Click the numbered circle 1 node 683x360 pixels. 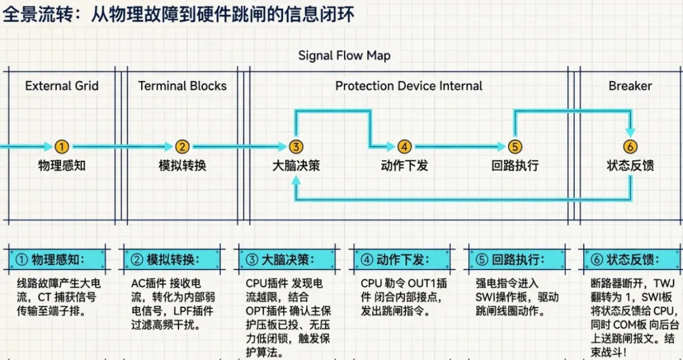[61, 147]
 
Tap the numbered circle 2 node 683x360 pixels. [182, 147]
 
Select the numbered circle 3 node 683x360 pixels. [296, 147]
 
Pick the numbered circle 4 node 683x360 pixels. [405, 147]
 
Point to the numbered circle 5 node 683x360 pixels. [515, 147]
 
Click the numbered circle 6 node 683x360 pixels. [631, 147]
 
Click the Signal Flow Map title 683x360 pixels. [344, 56]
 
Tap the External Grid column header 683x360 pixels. [62, 86]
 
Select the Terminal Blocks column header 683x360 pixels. [182, 86]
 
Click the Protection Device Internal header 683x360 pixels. [409, 86]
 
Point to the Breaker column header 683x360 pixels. [630, 86]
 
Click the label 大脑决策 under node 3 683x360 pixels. [296, 166]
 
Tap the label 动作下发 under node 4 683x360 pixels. [405, 166]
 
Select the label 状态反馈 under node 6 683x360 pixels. [631, 166]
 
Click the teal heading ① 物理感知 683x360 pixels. [58, 259]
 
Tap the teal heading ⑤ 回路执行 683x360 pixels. [517, 259]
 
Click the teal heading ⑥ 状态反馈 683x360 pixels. [631, 259]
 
